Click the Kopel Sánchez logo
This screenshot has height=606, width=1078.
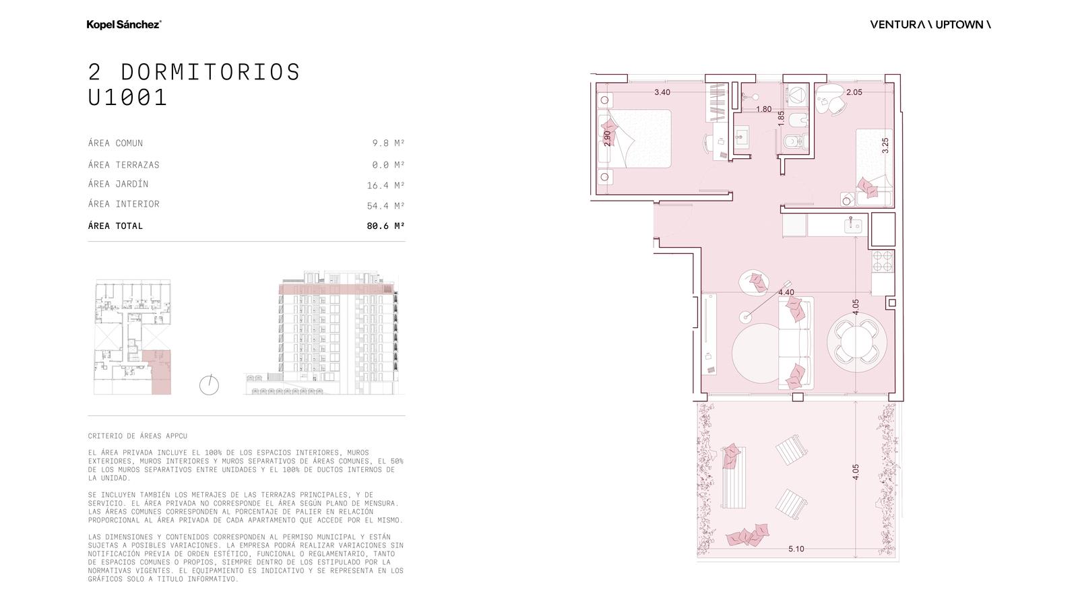(x=124, y=24)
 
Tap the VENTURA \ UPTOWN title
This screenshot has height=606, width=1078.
(x=930, y=24)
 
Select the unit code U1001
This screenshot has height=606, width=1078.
(x=127, y=97)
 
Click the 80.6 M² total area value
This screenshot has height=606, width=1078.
(x=385, y=226)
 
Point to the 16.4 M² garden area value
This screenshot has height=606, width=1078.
(x=385, y=185)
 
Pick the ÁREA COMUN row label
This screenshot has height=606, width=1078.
(x=115, y=143)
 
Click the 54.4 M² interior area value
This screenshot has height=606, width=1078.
(x=385, y=206)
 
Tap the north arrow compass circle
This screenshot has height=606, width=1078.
(x=209, y=385)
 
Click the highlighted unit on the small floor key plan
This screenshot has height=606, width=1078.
(x=158, y=373)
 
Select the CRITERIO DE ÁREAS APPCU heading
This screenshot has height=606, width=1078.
(x=137, y=436)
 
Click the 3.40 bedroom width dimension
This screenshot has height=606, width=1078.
(x=662, y=92)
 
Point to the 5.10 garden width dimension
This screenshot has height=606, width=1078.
(x=796, y=549)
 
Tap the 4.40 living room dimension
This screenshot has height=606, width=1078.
(x=786, y=292)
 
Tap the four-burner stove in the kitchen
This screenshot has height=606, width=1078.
(x=883, y=262)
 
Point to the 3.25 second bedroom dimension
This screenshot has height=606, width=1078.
(x=885, y=145)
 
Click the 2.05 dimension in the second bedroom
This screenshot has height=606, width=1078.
(x=854, y=92)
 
